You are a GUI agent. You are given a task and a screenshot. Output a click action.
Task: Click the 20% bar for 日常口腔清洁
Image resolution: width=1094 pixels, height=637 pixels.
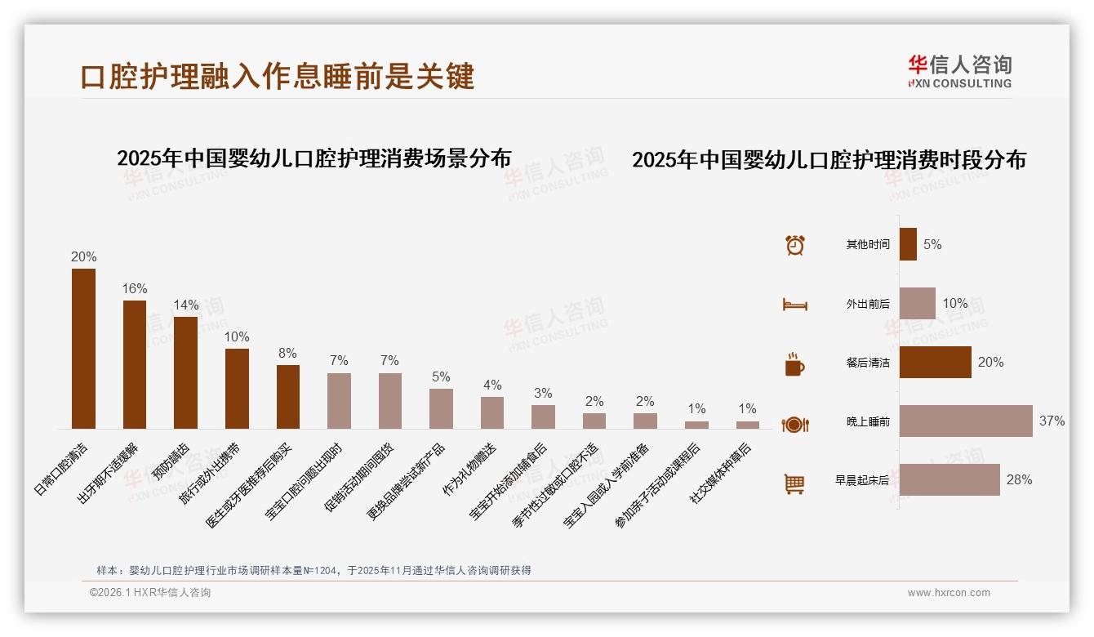(x=83, y=349)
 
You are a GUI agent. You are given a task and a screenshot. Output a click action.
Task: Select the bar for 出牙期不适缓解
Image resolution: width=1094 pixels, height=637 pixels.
(x=135, y=364)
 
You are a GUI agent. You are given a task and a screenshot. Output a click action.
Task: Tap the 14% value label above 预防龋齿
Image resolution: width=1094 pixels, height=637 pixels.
(x=186, y=305)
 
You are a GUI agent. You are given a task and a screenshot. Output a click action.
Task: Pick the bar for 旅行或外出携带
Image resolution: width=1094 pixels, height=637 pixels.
(x=237, y=389)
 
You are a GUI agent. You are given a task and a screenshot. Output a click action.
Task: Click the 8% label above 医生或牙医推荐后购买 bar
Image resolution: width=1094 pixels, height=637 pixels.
(x=288, y=353)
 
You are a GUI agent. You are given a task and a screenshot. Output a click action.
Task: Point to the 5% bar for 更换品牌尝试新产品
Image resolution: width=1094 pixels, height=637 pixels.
(x=441, y=408)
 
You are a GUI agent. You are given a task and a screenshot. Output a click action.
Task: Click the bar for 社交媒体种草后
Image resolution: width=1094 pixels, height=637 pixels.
(x=748, y=425)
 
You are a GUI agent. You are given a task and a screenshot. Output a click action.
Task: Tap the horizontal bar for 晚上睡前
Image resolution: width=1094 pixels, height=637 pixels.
(x=966, y=421)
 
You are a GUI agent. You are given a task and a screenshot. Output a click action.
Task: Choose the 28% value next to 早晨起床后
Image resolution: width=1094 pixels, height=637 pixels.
(x=1019, y=479)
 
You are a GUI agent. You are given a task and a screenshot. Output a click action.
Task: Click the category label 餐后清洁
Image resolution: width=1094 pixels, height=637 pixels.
(x=868, y=363)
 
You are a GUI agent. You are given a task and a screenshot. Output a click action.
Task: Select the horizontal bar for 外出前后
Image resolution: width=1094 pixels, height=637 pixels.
(x=918, y=303)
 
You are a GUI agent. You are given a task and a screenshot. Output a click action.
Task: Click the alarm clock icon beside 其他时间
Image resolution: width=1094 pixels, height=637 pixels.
(x=795, y=244)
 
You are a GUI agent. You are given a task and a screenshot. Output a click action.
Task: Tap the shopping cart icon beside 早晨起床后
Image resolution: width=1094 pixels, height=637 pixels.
(x=794, y=483)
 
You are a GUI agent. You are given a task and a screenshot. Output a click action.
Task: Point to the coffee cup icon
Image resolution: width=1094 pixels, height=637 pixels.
(x=794, y=364)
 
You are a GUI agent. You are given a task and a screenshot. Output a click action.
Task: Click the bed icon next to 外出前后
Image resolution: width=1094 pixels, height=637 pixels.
(x=794, y=305)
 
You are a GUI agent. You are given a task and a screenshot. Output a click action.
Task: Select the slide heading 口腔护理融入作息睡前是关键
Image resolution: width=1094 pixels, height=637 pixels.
(x=278, y=76)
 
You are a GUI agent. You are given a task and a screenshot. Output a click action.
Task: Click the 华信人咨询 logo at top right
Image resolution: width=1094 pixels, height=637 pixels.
(x=960, y=71)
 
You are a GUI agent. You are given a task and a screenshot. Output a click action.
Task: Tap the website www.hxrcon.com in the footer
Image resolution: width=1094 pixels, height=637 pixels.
(x=949, y=593)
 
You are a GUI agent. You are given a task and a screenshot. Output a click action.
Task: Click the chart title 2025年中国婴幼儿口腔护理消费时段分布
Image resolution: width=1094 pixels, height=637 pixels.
(x=829, y=159)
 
